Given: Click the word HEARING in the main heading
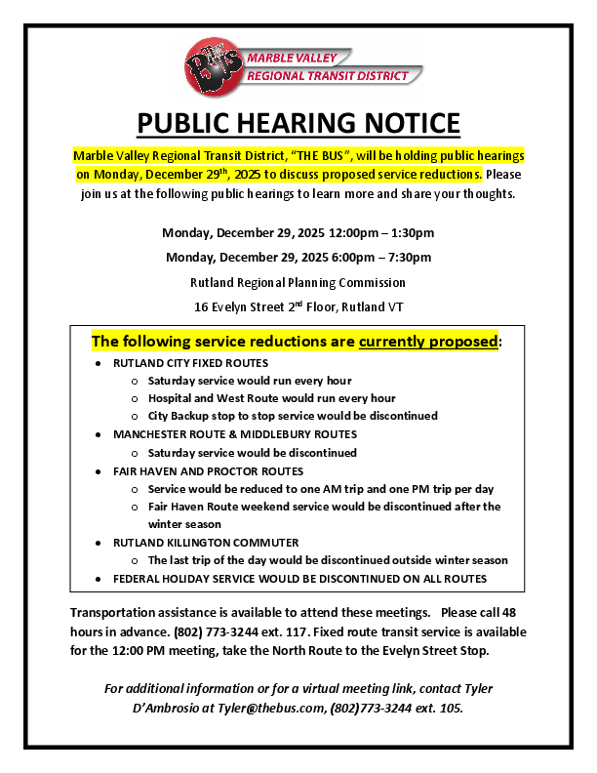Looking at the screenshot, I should point(301,124).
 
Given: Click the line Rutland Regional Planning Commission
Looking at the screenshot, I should point(298,282).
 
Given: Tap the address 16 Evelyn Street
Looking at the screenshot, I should point(238,306).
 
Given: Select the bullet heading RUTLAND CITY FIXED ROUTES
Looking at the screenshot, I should point(190,363).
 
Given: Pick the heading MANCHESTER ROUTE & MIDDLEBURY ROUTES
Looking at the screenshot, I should point(234,434).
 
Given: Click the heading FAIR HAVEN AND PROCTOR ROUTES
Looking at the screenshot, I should point(208,470).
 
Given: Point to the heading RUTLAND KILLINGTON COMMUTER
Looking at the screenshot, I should point(206,542).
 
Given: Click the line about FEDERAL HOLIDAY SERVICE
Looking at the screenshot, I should point(299,579).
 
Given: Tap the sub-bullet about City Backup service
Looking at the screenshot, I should point(293,416).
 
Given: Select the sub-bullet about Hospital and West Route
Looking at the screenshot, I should point(271,398).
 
